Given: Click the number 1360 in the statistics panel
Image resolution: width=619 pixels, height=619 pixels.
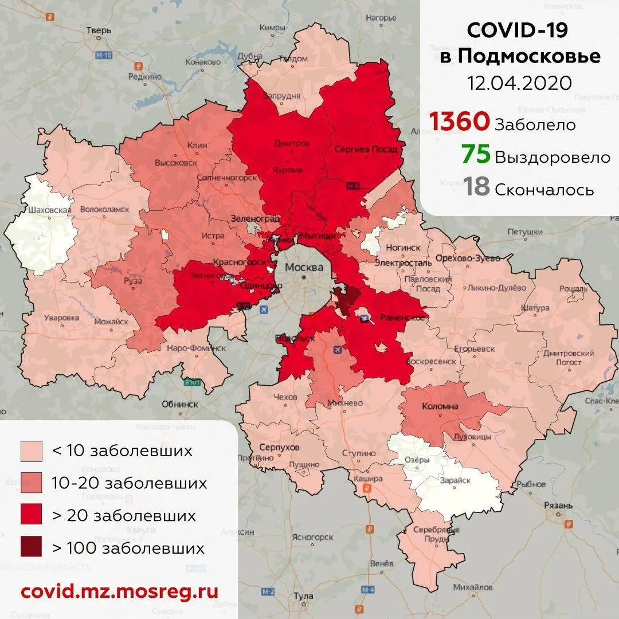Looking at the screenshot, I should tap(460, 122).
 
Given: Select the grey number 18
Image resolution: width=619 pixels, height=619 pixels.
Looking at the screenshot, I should tap(476, 187).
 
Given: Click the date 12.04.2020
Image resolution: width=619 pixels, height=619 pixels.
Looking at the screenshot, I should tap(519, 83).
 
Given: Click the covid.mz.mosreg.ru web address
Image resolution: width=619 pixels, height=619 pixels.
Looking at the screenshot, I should tap(119, 591).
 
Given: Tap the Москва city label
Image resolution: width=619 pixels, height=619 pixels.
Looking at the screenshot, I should tap(304, 268).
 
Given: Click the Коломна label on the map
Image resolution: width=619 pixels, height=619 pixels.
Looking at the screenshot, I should tap(440, 406).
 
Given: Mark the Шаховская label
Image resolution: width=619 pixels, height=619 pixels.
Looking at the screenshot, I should tap(49, 210).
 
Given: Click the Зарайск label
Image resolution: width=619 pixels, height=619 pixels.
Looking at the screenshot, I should tap(456, 481).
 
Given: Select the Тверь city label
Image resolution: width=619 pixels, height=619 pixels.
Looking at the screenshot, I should tap(98, 31).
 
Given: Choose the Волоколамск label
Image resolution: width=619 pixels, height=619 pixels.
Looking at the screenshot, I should tap(105, 210).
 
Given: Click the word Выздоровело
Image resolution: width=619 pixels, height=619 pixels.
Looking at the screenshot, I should tap(553, 157).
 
